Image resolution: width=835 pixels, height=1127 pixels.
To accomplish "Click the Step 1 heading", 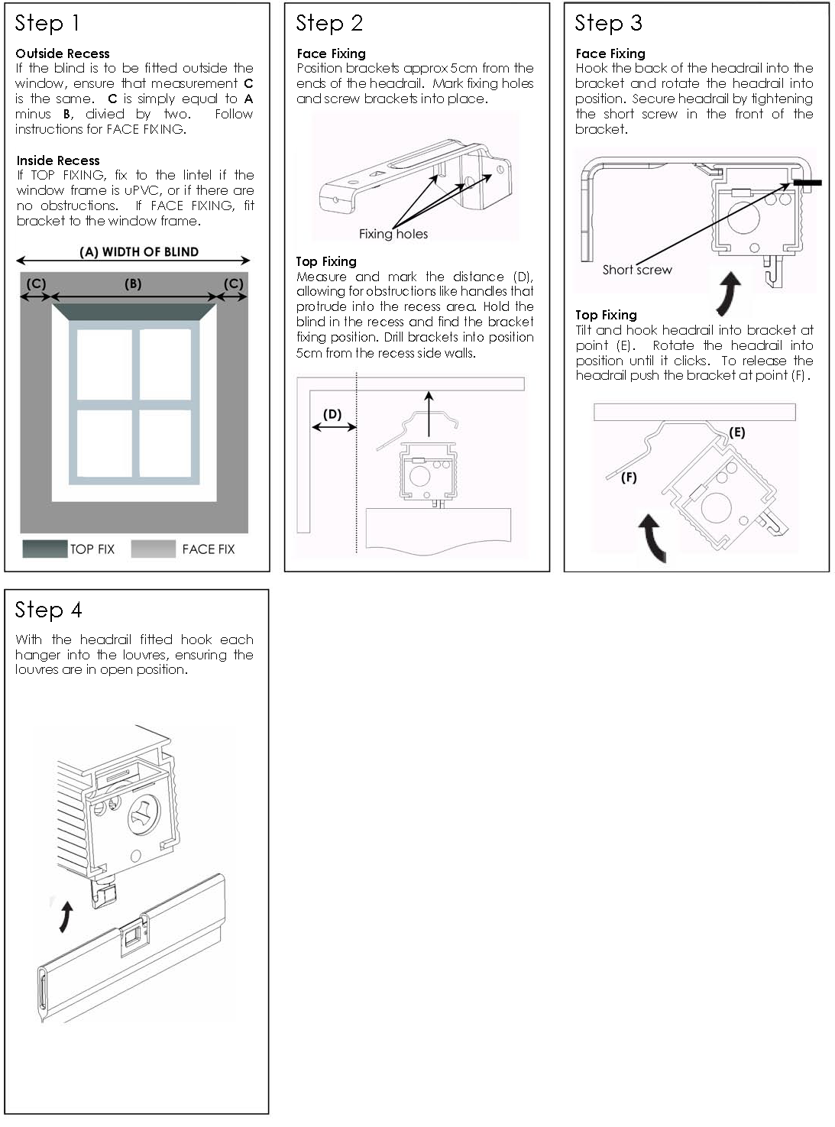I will pos(47,24).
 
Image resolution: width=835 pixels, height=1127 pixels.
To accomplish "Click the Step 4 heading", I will pos(49,610).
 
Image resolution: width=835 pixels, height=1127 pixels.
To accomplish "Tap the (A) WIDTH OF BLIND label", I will pos(139,251).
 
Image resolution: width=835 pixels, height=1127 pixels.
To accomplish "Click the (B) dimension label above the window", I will pos(133,283).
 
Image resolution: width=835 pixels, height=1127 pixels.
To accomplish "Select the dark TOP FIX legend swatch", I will pos(44,549).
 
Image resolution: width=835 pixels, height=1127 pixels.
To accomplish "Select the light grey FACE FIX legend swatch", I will pos(153,549).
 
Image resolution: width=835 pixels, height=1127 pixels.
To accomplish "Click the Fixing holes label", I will pos(393,234).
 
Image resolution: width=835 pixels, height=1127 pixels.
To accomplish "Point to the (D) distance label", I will pos(332,414).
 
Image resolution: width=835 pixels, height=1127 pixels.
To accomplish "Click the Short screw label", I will pos(637,270).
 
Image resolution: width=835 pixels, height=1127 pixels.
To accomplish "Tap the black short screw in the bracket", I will pos(807,183).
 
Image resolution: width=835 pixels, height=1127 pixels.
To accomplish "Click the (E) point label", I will pos(736,432).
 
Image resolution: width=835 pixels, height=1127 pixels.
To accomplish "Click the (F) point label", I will pos(629,478).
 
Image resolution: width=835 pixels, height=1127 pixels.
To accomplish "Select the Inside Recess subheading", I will pos(58,160).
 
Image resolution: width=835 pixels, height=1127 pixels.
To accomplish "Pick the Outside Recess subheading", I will pos(63,53).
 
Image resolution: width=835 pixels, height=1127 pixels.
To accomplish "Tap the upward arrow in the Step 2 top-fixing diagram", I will pos(429,413).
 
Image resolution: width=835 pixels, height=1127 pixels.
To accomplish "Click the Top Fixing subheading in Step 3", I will pos(606,315).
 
